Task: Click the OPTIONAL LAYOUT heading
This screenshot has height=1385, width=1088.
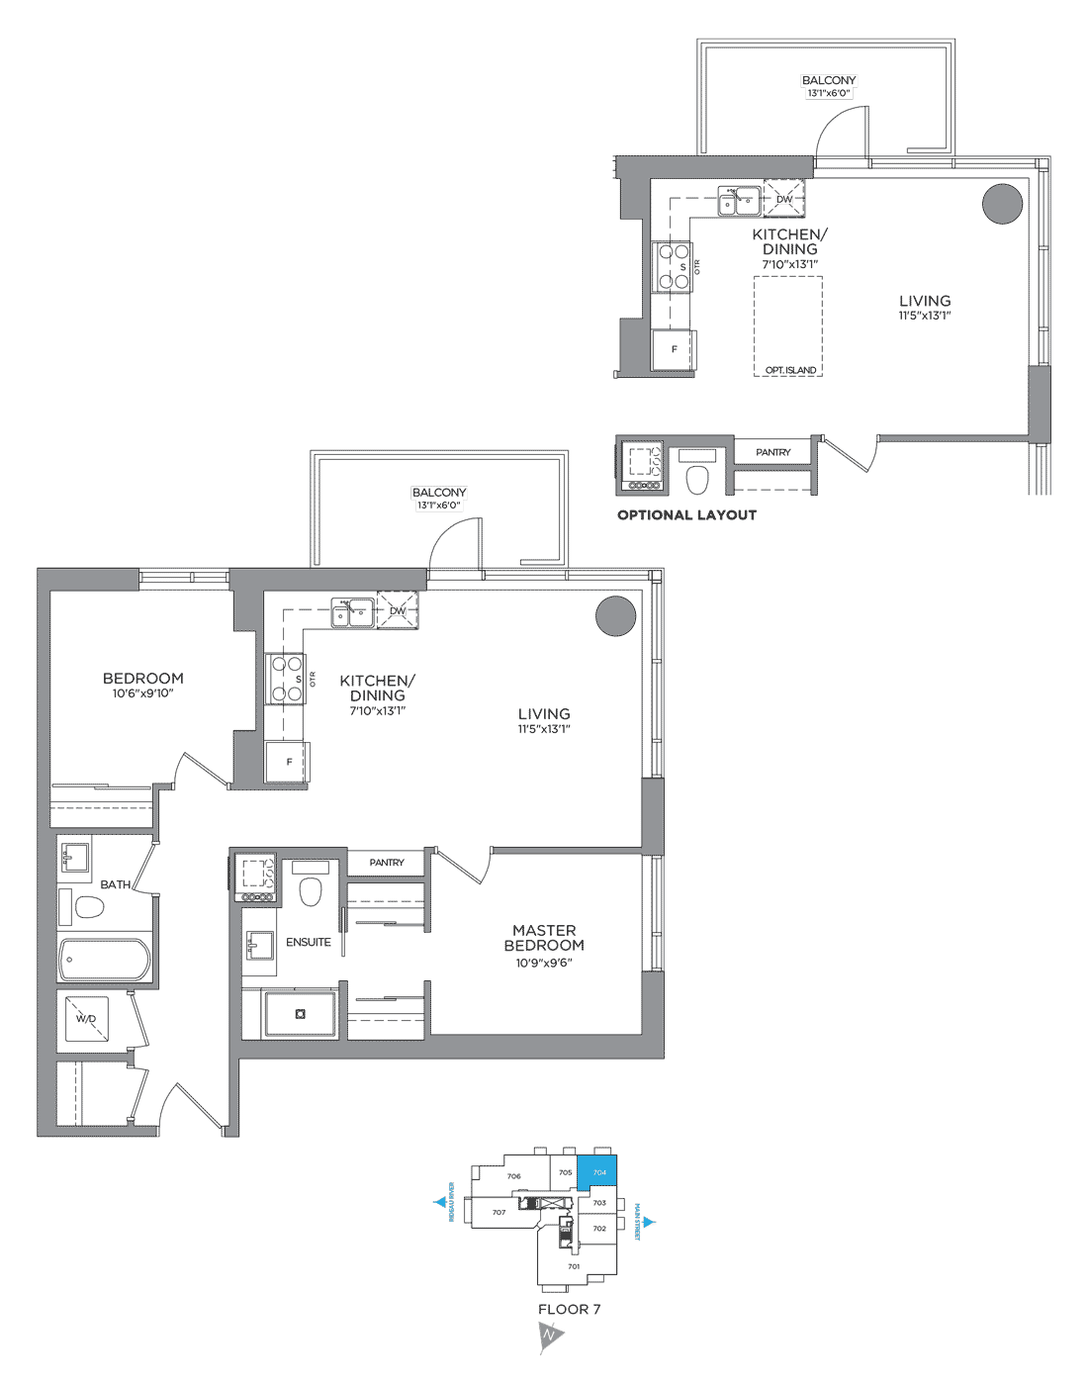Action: click(x=686, y=514)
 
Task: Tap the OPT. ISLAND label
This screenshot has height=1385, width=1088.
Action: click(x=790, y=370)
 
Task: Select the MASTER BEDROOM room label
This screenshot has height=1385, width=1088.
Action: click(x=544, y=938)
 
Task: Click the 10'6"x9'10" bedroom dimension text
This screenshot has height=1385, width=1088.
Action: click(x=142, y=693)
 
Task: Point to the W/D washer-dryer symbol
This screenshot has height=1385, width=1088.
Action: click(x=86, y=1018)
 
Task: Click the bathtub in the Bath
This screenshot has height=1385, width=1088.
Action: click(x=105, y=959)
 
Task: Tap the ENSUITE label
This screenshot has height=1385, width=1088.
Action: click(x=309, y=942)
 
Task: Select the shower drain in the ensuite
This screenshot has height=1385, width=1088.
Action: click(x=301, y=1014)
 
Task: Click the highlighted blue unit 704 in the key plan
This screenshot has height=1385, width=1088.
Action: click(x=598, y=1171)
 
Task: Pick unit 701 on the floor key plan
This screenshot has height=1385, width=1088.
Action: click(x=574, y=1266)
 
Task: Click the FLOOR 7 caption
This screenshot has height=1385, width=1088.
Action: click(x=569, y=1309)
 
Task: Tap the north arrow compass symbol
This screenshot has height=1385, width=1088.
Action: click(x=550, y=1336)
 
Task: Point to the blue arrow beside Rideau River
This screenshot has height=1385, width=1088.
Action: click(x=440, y=1202)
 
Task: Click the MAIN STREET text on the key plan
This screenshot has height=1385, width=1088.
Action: click(x=638, y=1222)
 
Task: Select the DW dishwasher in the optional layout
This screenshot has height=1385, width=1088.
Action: click(x=784, y=199)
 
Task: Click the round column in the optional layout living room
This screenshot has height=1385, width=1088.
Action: click(x=1002, y=204)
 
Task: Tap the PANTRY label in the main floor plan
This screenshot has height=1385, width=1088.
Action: click(x=387, y=863)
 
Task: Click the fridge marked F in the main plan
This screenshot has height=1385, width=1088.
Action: click(x=288, y=762)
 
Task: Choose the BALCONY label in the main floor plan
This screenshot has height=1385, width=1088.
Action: click(x=439, y=492)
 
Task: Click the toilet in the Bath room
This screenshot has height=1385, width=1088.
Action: click(x=88, y=907)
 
